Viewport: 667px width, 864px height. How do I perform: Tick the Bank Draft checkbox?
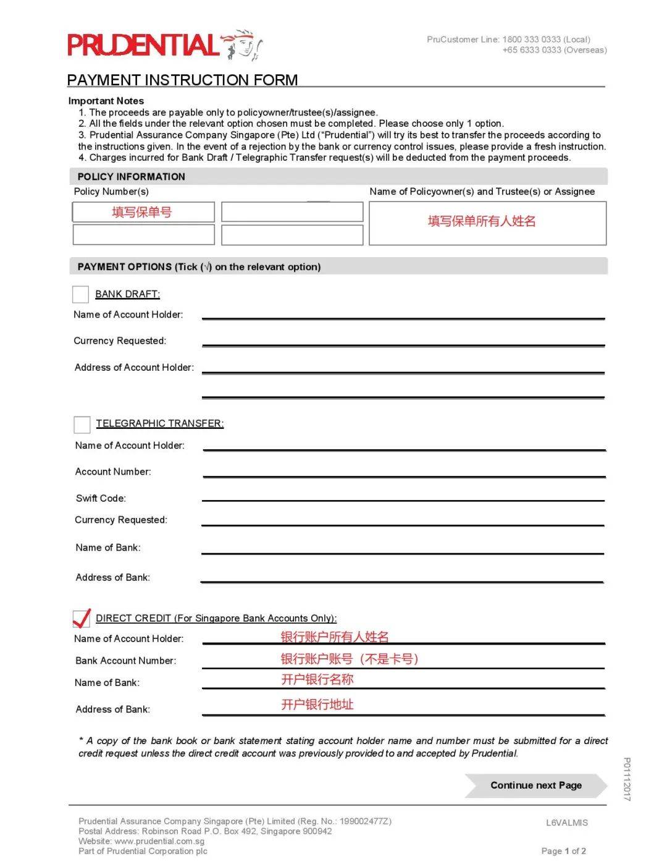(x=80, y=294)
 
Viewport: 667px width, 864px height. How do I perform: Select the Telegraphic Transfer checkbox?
(x=82, y=424)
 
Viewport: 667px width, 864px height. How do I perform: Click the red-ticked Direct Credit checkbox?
(x=82, y=618)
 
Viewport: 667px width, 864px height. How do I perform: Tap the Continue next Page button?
(x=535, y=786)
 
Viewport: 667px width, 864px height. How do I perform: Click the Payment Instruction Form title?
(x=182, y=80)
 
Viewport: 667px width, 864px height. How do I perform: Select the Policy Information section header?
(x=132, y=177)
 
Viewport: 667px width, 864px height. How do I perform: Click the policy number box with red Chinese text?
(x=143, y=212)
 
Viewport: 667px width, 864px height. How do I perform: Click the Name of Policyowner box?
(x=487, y=222)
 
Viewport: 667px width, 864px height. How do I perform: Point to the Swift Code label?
(x=101, y=498)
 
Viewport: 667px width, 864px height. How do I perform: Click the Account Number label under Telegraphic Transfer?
(x=113, y=472)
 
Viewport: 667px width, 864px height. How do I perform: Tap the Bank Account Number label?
(x=125, y=661)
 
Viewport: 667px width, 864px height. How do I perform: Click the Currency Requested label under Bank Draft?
(x=120, y=341)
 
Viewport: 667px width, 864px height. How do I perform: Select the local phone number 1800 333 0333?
(x=531, y=40)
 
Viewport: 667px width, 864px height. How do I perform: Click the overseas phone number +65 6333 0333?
(x=532, y=50)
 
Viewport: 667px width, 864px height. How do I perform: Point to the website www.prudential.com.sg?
(x=159, y=841)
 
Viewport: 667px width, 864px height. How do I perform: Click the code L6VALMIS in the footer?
(x=567, y=823)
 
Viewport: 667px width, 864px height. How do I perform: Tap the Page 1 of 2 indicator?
(x=563, y=851)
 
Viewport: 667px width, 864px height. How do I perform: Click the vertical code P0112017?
(x=627, y=779)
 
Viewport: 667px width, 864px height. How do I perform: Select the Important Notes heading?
(x=106, y=101)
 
